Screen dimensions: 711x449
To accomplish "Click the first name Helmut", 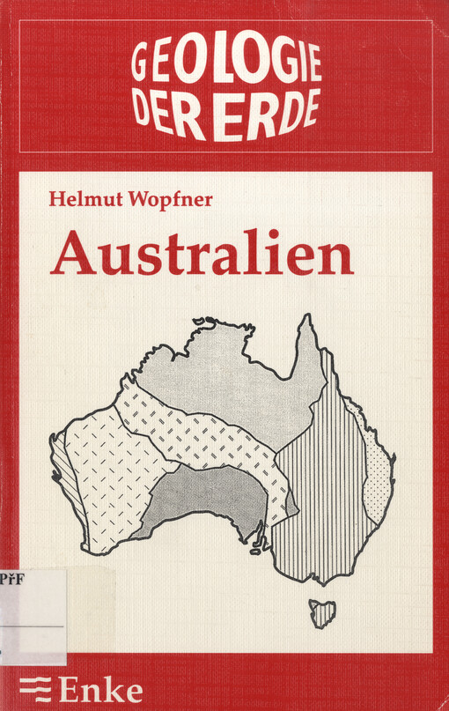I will click(x=85, y=198).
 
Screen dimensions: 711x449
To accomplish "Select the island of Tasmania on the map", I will click(x=322, y=613).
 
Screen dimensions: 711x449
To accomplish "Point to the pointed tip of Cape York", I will click(x=307, y=322).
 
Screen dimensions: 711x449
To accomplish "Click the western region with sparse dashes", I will click(x=106, y=476).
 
